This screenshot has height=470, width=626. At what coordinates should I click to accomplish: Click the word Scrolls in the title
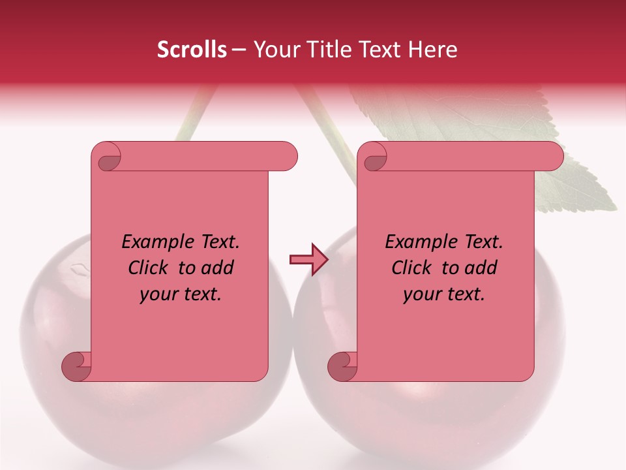192,50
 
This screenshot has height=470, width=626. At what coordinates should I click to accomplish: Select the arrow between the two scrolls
308,260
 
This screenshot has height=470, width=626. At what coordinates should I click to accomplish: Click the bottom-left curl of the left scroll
77,366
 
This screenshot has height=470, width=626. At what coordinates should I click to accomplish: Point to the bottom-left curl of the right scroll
343,366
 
